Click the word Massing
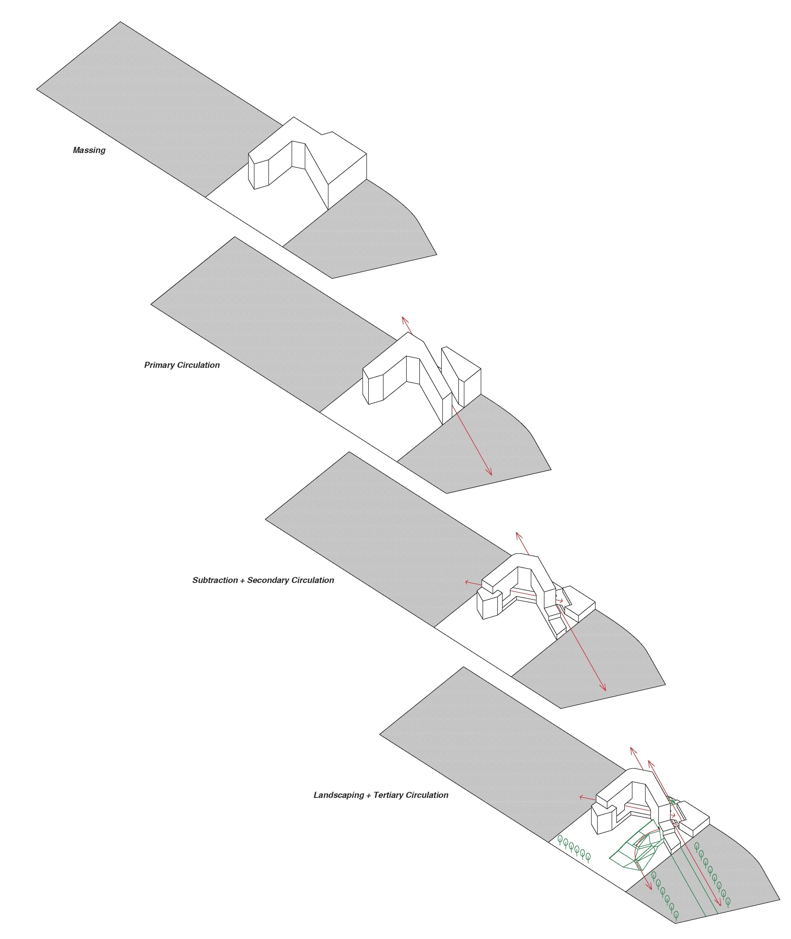point(89,150)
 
